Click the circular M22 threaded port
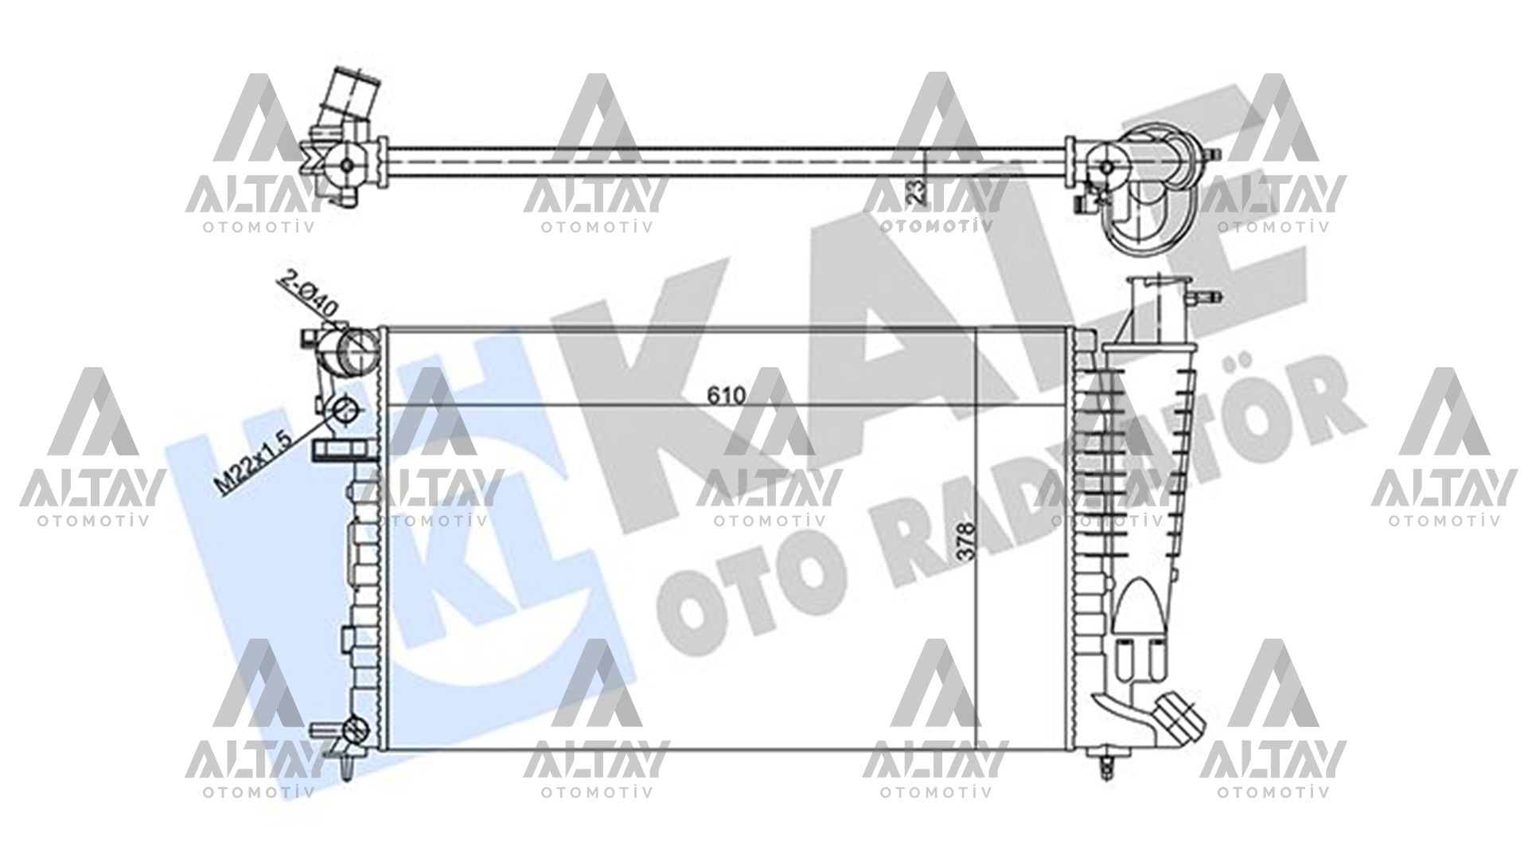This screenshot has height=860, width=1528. (347, 411)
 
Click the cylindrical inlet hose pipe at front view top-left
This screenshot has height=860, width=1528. (357, 353)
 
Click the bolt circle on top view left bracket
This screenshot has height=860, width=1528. (347, 164)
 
